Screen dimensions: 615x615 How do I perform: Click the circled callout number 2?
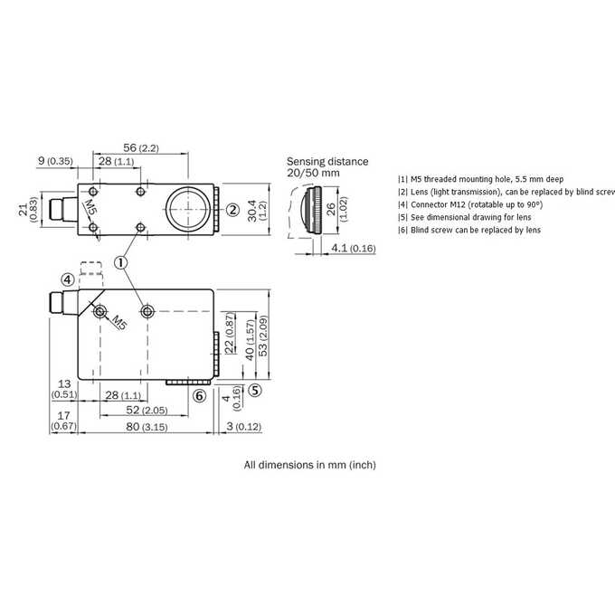coord(232,210)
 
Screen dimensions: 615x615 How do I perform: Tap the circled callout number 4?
coord(68,280)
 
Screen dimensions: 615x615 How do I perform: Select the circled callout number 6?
coord(200,396)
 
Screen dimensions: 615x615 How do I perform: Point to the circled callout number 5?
coord(255,391)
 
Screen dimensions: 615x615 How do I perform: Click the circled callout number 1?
coord(121,262)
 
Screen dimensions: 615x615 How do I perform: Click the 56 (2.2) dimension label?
coord(141,147)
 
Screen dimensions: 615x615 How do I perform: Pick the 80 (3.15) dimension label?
coord(147,426)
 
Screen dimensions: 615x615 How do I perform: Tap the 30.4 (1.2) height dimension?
coord(257,211)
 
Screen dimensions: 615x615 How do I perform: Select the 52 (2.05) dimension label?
coord(147,410)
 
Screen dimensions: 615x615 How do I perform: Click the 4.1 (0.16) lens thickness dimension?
coord(354,248)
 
